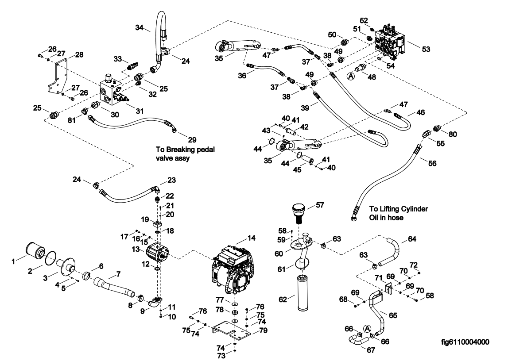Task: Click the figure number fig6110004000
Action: (x=465, y=342)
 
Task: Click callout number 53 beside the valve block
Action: (x=426, y=49)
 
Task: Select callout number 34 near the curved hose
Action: (x=140, y=28)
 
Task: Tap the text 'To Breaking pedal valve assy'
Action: (x=185, y=154)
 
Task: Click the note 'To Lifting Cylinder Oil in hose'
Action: (x=398, y=213)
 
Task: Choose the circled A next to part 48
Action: (x=351, y=76)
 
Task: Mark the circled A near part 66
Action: (x=367, y=328)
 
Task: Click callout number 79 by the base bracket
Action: (x=263, y=330)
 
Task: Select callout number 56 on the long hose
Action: (x=432, y=163)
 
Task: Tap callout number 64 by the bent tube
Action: (x=412, y=239)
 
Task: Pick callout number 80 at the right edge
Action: (x=453, y=134)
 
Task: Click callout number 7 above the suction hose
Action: (x=118, y=274)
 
